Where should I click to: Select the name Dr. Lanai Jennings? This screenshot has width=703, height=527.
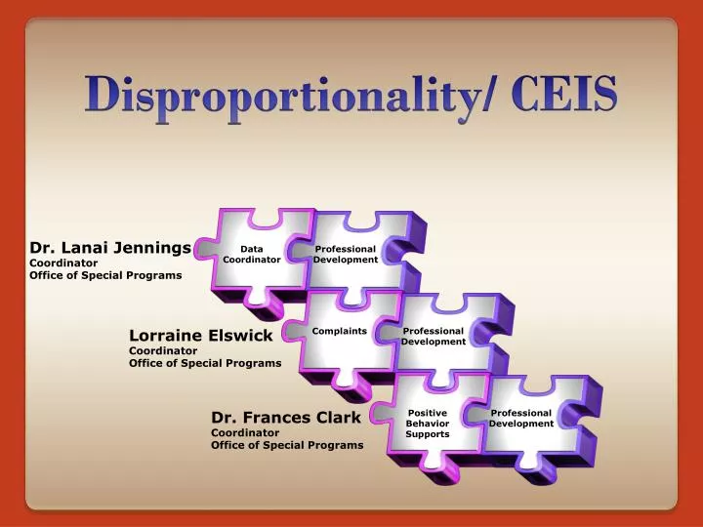[x=110, y=248]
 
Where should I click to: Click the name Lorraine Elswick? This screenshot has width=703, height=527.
[x=201, y=336]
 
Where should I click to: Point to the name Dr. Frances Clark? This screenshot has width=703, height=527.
[x=286, y=418]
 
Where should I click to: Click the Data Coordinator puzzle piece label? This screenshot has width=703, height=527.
[x=251, y=255]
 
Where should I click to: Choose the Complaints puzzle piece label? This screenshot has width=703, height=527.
[x=340, y=331]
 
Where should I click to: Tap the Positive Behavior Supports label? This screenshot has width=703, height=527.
[x=428, y=424]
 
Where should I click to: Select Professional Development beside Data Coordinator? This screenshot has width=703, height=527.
[x=346, y=255]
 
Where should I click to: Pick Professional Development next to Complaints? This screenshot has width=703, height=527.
[x=434, y=337]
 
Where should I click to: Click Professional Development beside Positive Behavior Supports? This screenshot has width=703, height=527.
[x=521, y=419]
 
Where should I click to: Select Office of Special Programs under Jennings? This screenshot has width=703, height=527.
[x=105, y=276]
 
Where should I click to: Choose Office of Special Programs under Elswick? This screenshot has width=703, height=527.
[x=205, y=363]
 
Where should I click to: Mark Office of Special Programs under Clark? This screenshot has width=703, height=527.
[x=287, y=445]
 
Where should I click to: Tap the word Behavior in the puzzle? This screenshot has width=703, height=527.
[x=428, y=424]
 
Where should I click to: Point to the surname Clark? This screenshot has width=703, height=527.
[x=338, y=418]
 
